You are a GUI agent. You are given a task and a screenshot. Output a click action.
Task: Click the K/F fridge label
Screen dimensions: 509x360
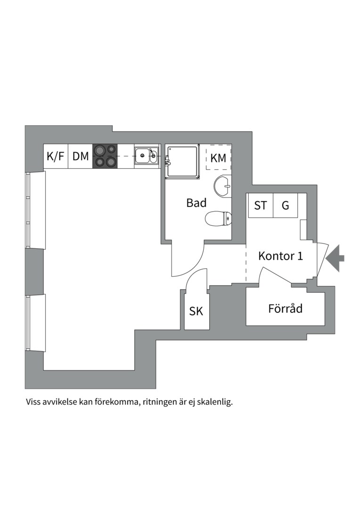coord(56,156)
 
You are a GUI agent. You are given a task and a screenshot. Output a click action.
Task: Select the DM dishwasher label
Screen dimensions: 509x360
coord(81,156)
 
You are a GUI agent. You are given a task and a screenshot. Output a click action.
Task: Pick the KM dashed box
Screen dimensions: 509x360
coord(218,158)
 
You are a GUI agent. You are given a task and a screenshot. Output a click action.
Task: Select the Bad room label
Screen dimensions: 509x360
coord(196,203)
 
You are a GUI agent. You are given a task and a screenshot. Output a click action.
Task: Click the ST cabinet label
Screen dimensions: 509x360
coord(261,205)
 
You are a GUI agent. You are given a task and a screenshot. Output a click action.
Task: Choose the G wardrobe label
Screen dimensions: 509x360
coord(285,205)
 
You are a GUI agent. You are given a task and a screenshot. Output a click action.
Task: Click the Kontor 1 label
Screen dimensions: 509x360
coord(280,256)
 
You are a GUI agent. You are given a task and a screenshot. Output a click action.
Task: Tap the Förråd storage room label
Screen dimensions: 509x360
coord(285,309)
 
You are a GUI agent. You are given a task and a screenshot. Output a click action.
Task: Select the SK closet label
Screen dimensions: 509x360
coord(196,312)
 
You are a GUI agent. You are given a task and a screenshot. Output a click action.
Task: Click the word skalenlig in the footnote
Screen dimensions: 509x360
coord(214,403)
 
